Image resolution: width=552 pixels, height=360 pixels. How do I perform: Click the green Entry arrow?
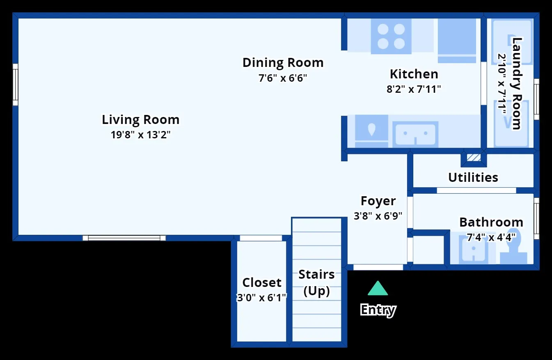click(x=378, y=288)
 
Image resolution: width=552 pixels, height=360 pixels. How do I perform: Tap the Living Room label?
click(x=140, y=120)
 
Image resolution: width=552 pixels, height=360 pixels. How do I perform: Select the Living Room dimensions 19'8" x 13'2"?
click(x=140, y=135)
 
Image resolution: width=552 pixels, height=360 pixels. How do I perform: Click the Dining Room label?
click(x=283, y=62)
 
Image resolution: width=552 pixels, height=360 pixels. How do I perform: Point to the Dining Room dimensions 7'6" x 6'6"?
click(x=283, y=78)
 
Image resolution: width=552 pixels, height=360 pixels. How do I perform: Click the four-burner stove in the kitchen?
click(x=391, y=36)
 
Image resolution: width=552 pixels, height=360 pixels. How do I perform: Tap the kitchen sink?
click(x=415, y=134)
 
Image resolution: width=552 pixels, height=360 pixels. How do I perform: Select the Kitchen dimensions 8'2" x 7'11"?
click(x=414, y=89)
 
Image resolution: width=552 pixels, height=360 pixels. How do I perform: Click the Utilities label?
click(x=473, y=177)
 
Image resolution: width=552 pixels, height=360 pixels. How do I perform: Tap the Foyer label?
click(x=378, y=201)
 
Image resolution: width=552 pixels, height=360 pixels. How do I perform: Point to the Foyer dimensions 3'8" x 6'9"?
click(x=378, y=216)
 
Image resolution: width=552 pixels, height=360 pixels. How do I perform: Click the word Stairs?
click(x=316, y=274)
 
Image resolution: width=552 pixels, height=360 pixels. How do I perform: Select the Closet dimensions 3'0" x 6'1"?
click(x=261, y=298)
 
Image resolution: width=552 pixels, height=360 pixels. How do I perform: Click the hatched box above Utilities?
click(x=474, y=158)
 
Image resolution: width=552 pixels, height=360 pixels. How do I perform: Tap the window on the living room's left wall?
click(x=15, y=85)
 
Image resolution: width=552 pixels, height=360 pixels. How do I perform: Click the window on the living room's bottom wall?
click(x=124, y=238)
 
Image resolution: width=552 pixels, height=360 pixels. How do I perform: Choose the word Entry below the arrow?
click(x=378, y=310)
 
